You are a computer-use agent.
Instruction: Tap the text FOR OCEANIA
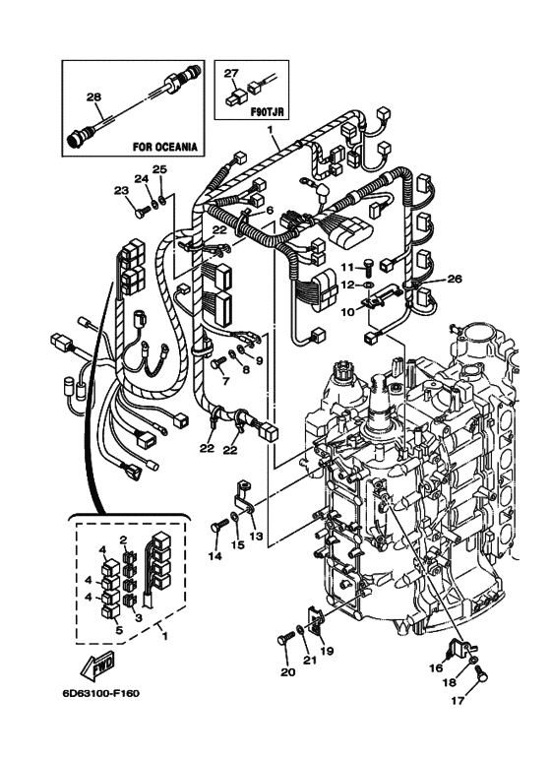pyautogui.click(x=165, y=146)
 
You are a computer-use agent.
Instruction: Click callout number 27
pyautogui.click(x=231, y=73)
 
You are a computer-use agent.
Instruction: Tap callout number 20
pyautogui.click(x=287, y=673)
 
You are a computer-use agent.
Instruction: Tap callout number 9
pyautogui.click(x=260, y=361)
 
